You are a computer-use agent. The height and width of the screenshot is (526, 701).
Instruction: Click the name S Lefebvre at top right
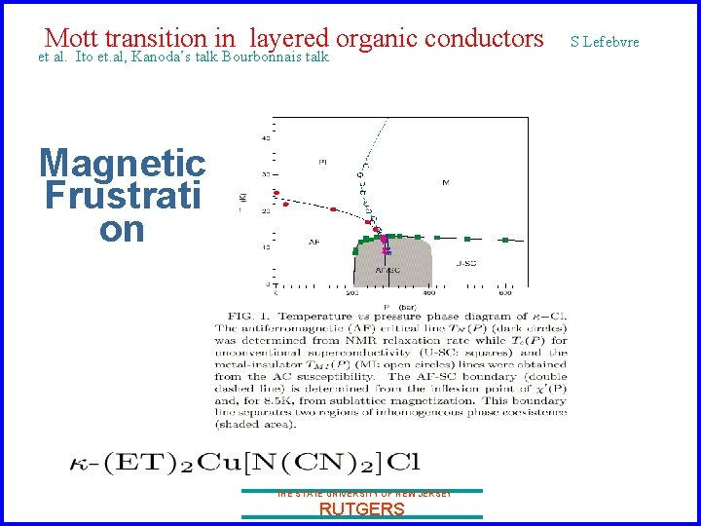605,41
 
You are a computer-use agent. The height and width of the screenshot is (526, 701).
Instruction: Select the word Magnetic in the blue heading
122,163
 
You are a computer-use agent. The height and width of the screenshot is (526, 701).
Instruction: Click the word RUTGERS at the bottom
361,509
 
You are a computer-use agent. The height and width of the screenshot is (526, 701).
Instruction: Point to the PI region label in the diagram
321,161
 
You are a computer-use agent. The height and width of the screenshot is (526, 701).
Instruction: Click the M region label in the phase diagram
445,182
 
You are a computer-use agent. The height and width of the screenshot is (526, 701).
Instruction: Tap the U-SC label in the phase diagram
465,263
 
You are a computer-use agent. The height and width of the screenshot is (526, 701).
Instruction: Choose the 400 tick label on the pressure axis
429,291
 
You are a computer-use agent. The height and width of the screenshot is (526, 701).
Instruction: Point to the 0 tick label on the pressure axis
276,291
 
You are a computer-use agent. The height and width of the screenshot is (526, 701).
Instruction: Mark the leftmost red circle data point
276,193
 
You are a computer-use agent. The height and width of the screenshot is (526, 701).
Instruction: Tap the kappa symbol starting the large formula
80,463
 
